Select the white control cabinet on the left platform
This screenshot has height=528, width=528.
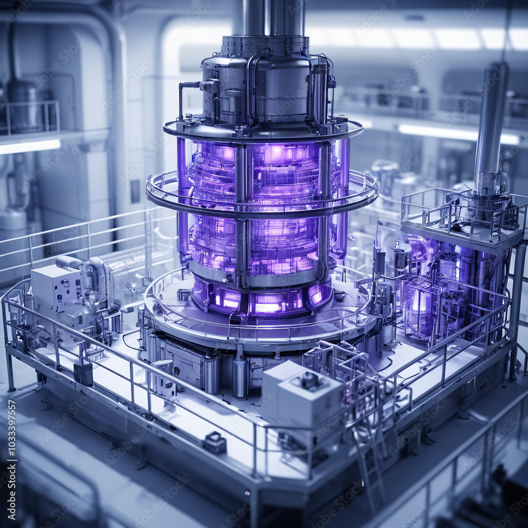click(x=55, y=288)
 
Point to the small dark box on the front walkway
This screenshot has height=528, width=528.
click(x=215, y=442)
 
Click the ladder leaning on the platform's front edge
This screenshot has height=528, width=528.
click(x=370, y=459)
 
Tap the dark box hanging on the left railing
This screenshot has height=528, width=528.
click(x=83, y=374)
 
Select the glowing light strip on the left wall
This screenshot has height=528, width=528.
click(x=29, y=146)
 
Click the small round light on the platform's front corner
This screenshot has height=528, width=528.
click(x=246, y=493)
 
